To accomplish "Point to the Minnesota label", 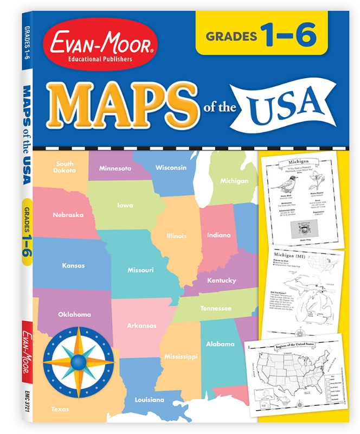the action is click(115, 168).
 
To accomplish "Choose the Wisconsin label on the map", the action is click(171, 167).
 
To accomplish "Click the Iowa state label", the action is click(125, 205).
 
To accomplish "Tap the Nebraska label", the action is click(68, 215).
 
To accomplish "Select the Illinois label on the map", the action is click(176, 235).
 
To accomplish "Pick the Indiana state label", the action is click(218, 235).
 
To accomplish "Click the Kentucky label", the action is click(221, 280).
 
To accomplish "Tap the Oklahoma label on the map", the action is click(75, 314).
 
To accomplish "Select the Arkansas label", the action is click(142, 325).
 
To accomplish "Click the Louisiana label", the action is click(149, 400).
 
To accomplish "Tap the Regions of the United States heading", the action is click(295, 346).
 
